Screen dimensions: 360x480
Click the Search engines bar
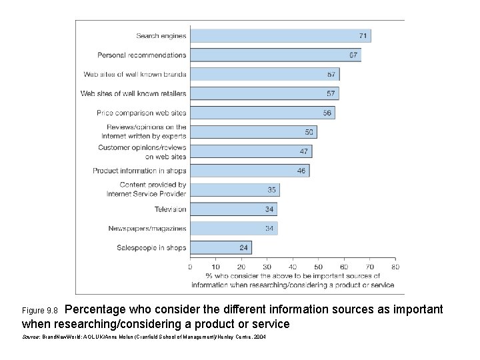point(280,35)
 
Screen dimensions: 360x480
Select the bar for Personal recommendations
point(275,55)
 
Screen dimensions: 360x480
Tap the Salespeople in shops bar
point(221,248)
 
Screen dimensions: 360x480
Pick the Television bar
point(233,209)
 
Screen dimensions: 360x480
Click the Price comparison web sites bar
point(262,113)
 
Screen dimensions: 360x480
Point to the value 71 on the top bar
point(363,35)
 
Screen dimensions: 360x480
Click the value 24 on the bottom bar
point(244,248)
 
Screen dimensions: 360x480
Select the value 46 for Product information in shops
point(301,171)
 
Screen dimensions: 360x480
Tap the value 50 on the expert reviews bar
point(309,132)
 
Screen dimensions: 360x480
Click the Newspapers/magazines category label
point(147,229)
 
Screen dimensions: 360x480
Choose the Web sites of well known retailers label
point(133,93)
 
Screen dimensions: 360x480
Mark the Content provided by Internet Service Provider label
point(147,189)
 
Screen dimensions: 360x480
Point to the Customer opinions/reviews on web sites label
point(142,151)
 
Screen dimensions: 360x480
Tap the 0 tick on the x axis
point(190,267)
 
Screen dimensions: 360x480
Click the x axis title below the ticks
point(293,280)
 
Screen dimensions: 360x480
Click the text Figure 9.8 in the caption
point(41,311)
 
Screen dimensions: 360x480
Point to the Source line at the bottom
point(143,339)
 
